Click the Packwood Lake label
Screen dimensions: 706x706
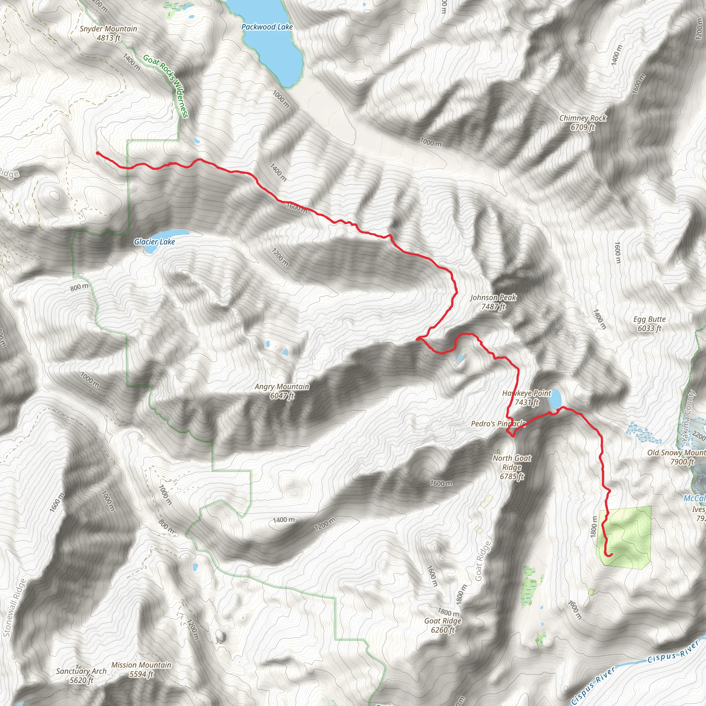[267, 27]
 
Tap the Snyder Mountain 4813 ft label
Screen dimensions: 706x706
[109, 33]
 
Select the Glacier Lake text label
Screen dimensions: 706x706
[154, 242]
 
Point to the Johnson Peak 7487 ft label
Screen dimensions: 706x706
[493, 302]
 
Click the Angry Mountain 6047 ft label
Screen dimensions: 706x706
[282, 391]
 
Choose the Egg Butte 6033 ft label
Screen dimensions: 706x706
[649, 324]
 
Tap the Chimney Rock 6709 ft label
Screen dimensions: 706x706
[583, 122]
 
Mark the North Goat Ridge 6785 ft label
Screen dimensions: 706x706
[512, 467]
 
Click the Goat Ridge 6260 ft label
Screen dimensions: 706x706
[443, 625]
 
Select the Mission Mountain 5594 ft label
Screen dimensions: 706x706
[141, 669]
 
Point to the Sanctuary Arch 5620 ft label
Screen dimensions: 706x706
[81, 676]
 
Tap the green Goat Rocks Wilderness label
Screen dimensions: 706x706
[165, 86]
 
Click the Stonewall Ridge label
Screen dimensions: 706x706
[15, 608]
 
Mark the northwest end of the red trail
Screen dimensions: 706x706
[98, 153]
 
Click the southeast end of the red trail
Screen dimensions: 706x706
[611, 555]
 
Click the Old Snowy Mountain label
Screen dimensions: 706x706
[676, 457]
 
